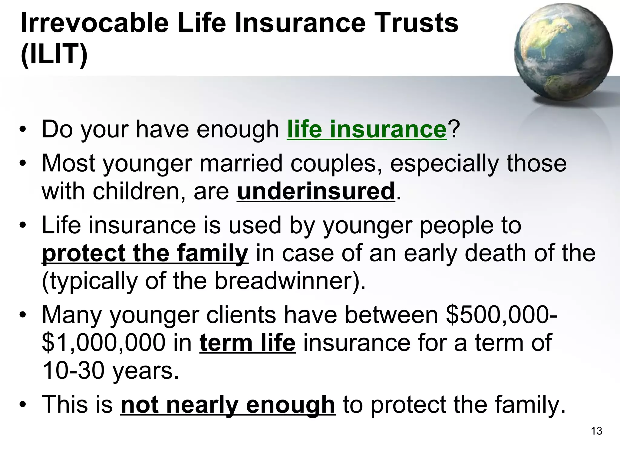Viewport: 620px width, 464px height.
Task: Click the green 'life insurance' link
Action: tap(367, 130)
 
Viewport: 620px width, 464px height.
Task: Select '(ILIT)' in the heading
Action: tap(54, 54)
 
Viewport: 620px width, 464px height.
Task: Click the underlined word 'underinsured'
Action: tap(316, 192)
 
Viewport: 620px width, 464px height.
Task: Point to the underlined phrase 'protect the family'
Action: tap(145, 253)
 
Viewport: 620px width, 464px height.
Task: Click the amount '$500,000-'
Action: tap(501, 315)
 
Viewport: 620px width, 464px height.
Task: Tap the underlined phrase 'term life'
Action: tap(247, 343)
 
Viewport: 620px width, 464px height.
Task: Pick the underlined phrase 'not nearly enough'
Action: tap(228, 405)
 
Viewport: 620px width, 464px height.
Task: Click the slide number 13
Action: tap(596, 431)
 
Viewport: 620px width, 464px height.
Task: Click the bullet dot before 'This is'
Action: tap(22, 405)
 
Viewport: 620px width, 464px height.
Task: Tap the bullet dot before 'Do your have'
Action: tap(22, 130)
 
